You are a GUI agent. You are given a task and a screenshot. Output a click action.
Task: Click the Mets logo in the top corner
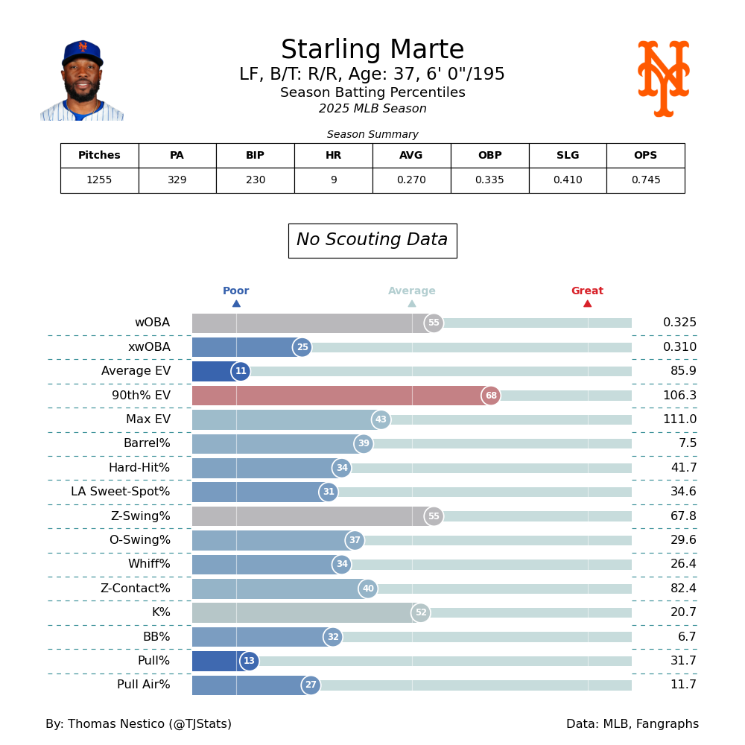(663, 79)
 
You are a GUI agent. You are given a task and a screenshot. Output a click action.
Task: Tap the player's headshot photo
(82, 80)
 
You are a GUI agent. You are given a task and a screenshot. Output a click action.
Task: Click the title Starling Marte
(372, 51)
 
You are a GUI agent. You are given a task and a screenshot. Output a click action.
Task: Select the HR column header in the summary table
(333, 156)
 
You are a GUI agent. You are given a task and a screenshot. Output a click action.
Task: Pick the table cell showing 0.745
(645, 180)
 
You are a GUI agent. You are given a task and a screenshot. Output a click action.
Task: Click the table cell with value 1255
(99, 180)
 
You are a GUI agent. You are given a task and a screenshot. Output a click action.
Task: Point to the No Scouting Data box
(372, 241)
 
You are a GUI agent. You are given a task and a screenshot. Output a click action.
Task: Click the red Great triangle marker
(587, 303)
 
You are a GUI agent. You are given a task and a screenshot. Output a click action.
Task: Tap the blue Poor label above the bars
(235, 291)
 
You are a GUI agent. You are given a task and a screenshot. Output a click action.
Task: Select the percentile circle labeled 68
(491, 396)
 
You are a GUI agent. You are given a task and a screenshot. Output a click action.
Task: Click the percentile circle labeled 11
(241, 371)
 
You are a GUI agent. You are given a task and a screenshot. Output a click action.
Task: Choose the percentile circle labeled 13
(250, 661)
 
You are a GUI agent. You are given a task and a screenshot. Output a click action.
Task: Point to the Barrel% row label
(147, 444)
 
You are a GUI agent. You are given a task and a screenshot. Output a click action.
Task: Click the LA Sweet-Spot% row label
(121, 492)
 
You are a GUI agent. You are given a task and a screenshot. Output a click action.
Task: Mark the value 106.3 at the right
(679, 396)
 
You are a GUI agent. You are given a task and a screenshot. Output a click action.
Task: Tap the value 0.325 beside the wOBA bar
(679, 323)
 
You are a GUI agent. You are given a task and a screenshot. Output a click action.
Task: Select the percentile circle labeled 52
(421, 612)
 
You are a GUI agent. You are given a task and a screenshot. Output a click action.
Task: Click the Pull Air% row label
(143, 685)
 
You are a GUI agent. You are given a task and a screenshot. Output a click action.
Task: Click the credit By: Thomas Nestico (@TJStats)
(139, 724)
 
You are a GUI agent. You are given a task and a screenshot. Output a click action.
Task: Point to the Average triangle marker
(412, 303)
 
